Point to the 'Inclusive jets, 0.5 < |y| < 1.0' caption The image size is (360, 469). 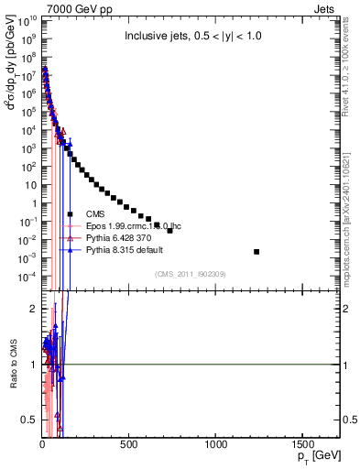199,37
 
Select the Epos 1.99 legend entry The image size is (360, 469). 147,226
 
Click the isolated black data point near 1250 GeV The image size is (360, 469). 256,252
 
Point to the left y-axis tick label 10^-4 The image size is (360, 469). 27,277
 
